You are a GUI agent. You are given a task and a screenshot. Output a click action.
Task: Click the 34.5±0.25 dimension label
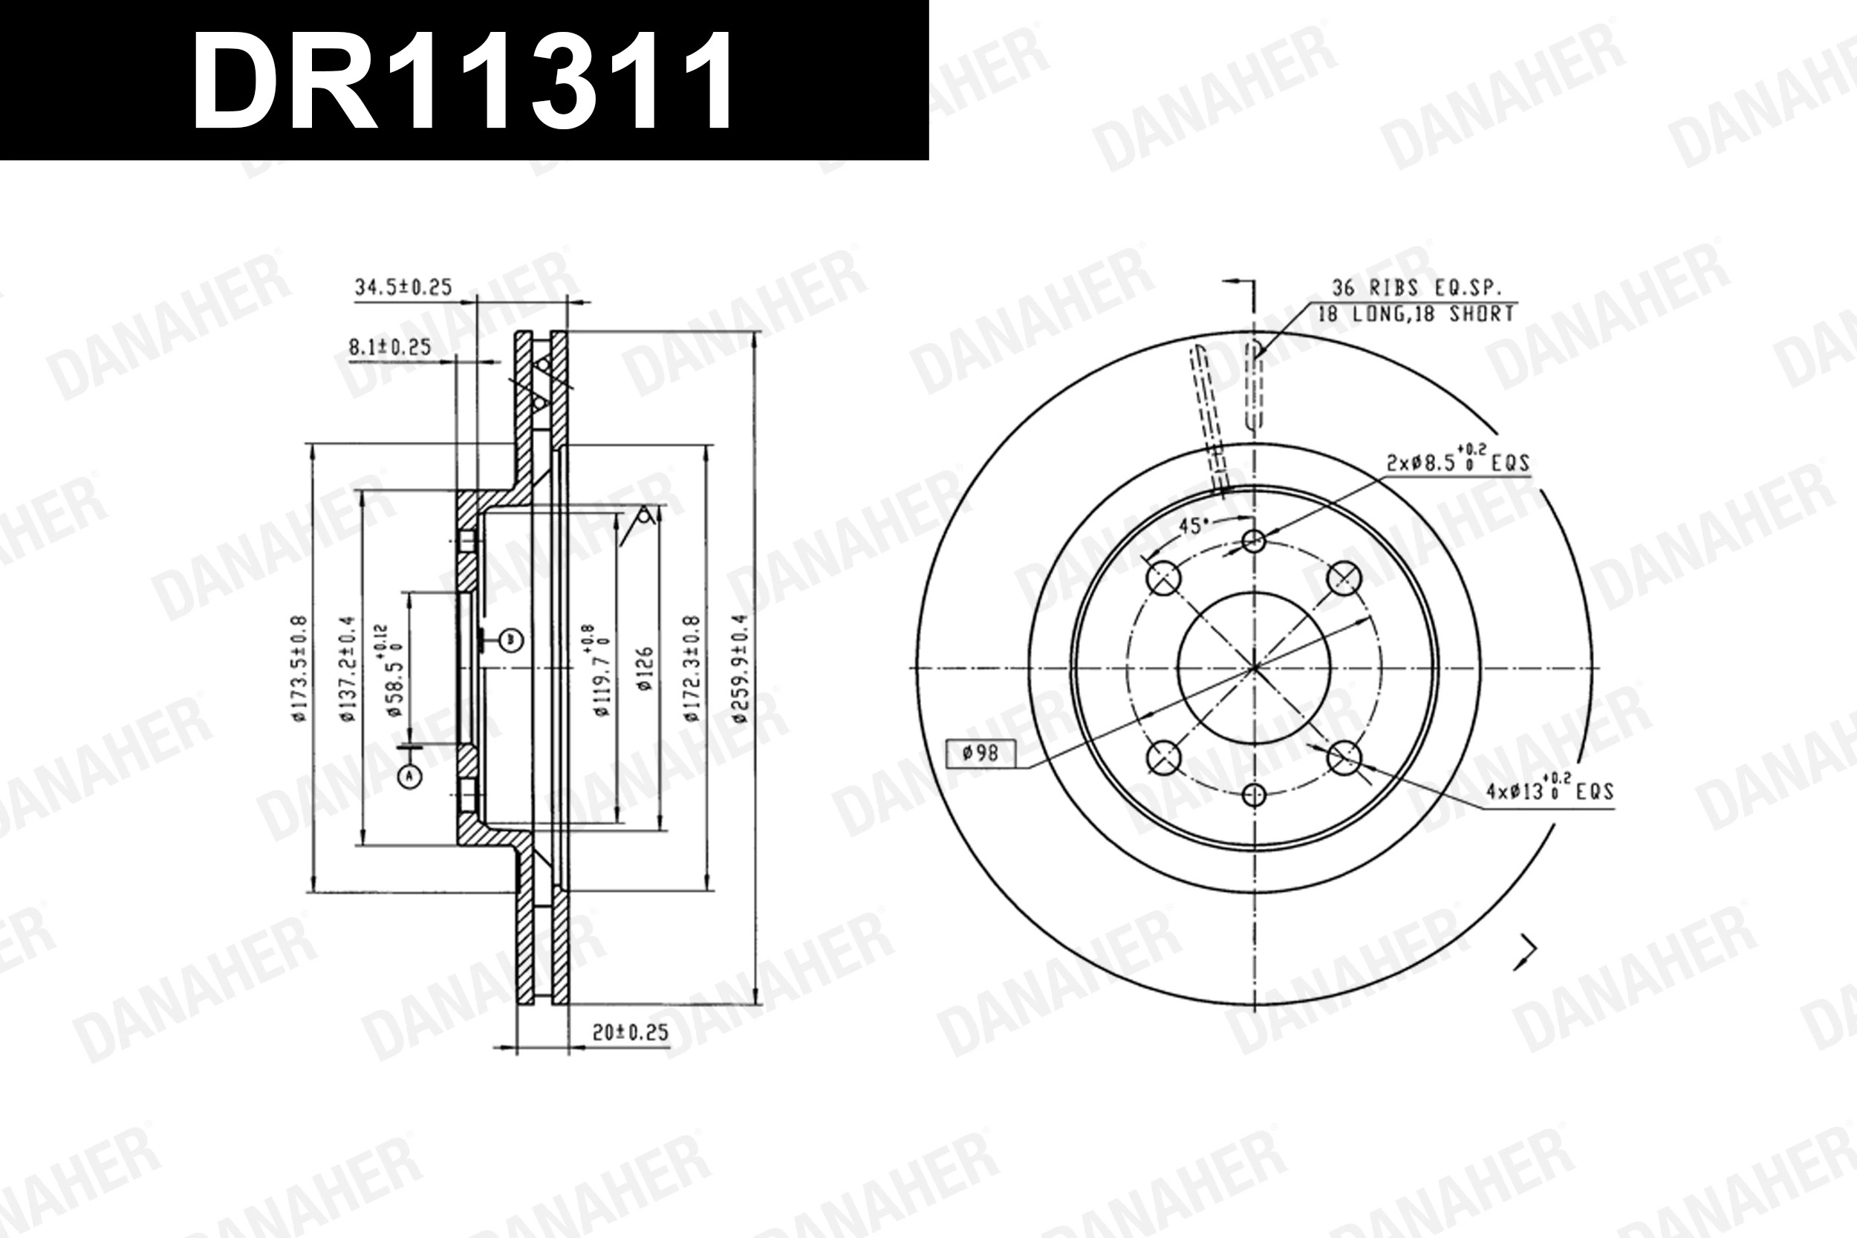(x=403, y=287)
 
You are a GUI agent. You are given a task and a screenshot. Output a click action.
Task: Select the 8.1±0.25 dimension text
(x=390, y=347)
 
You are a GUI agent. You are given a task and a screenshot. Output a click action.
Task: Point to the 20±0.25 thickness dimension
(x=630, y=1032)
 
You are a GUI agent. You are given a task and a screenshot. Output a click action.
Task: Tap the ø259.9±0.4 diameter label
(x=740, y=668)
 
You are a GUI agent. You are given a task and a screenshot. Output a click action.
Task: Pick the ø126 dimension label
(x=645, y=668)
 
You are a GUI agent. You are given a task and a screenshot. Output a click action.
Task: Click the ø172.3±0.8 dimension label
(x=692, y=668)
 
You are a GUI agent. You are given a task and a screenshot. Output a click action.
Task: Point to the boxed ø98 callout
(x=981, y=753)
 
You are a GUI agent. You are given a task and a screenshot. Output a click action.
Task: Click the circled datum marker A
(x=409, y=777)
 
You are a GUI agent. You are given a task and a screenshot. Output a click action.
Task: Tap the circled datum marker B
(x=512, y=639)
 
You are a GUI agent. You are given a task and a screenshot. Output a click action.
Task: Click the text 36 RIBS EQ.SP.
(x=1417, y=287)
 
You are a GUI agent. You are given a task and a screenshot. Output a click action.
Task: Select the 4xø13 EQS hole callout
(x=1549, y=790)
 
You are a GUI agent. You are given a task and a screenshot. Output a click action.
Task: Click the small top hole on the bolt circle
(x=1254, y=541)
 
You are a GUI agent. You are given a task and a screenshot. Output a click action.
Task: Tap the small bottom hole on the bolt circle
(x=1254, y=795)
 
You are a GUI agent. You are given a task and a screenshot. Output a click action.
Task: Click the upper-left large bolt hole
(x=1163, y=578)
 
